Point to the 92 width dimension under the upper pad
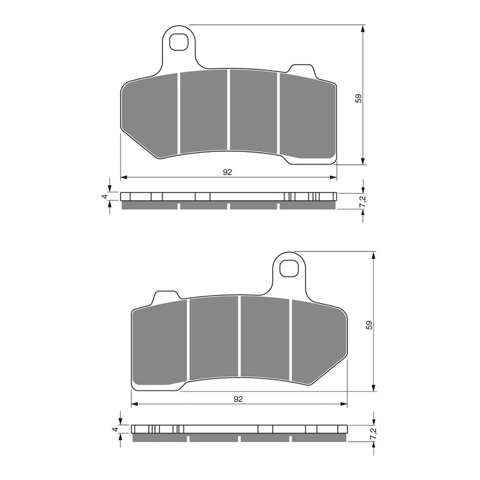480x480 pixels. (227, 172)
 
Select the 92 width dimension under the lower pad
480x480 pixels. (238, 398)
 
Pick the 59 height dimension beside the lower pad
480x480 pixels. (369, 325)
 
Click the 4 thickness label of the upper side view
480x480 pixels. (104, 196)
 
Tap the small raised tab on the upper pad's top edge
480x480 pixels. (300, 69)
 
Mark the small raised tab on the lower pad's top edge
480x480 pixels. (166, 296)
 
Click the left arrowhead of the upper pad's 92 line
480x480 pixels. (123, 178)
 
